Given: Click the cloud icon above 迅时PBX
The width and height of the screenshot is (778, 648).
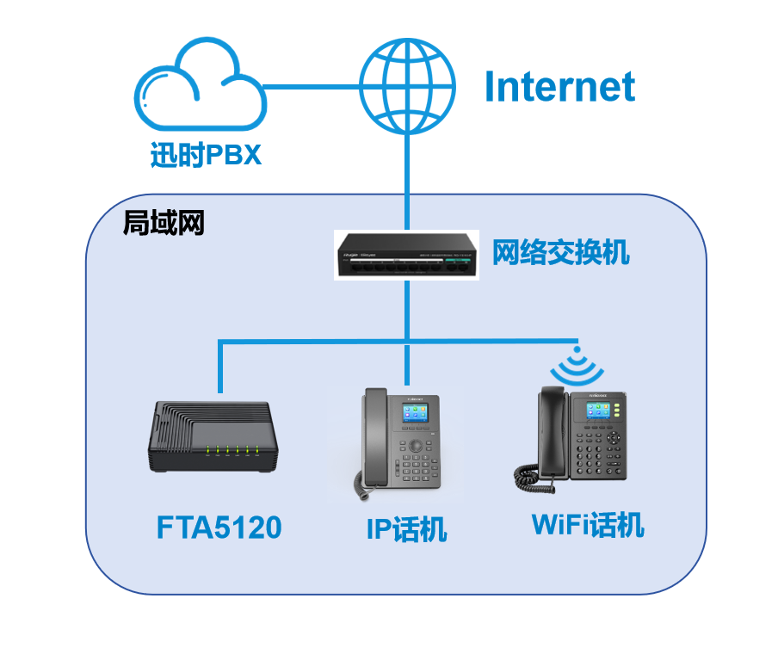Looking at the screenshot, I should [x=201, y=89].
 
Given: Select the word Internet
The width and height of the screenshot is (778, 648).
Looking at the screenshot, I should [x=559, y=87].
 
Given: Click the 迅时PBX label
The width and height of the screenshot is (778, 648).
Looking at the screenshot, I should [x=205, y=156].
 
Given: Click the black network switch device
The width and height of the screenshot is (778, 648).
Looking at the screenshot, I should [x=406, y=256].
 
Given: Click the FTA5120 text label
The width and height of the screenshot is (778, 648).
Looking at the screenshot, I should [x=219, y=528].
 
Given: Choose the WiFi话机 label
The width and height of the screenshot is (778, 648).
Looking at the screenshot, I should [x=588, y=524].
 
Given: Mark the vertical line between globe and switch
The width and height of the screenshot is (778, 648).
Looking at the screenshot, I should [x=406, y=181].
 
